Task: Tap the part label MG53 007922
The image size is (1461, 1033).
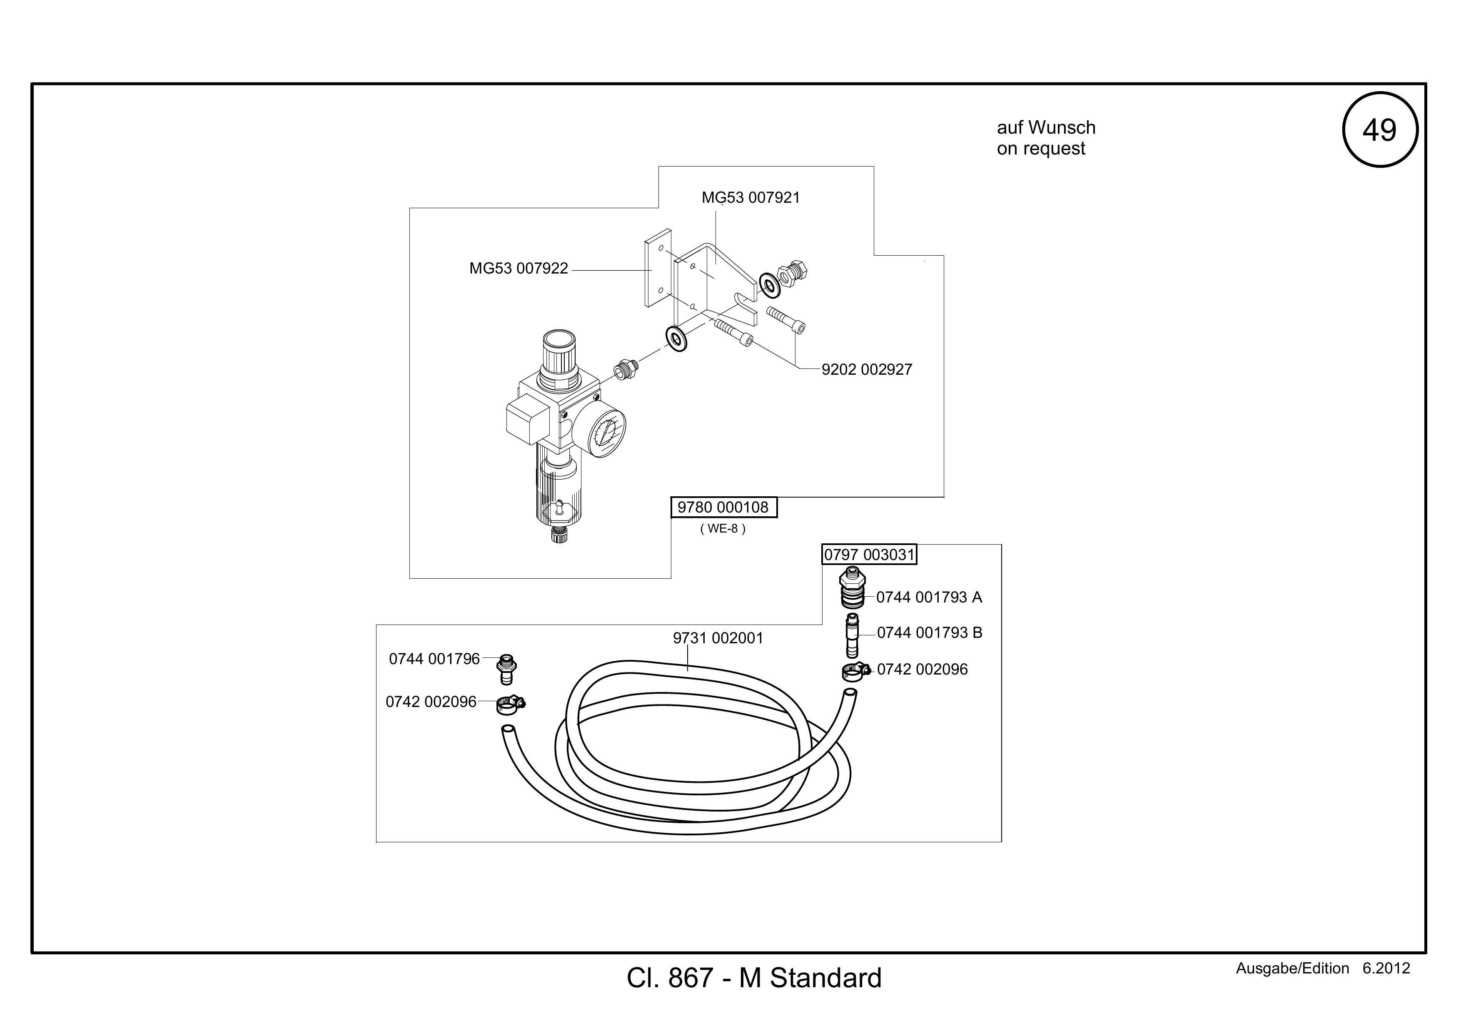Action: [519, 269]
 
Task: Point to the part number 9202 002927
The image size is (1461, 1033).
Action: [867, 370]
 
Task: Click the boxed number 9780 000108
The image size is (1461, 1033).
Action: [723, 508]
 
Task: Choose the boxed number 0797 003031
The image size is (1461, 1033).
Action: [869, 555]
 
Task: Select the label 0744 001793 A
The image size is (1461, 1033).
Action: [929, 597]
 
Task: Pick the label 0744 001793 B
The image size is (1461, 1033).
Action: [930, 633]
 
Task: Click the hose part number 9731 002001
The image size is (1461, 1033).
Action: [718, 638]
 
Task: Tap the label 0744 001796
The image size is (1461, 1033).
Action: [435, 659]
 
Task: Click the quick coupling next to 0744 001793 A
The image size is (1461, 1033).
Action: [853, 588]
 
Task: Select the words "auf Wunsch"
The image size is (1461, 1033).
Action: [1046, 128]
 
